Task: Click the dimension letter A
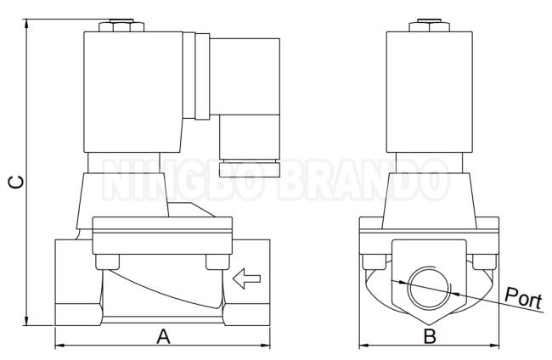[x=163, y=336]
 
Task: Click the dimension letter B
[x=430, y=336]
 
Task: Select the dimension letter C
[x=16, y=182]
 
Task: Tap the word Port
[x=523, y=299]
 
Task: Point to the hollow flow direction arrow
[x=246, y=278]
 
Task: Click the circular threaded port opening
[x=429, y=288]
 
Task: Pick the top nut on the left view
[x=121, y=25]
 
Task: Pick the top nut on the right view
[x=429, y=25]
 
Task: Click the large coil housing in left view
[x=133, y=93]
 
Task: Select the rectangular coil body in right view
[x=429, y=93]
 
